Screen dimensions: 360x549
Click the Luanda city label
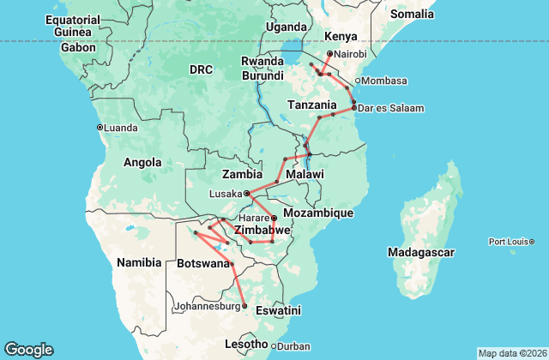[121, 128]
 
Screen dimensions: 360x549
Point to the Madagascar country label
[420, 252]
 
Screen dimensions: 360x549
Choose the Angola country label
[142, 162]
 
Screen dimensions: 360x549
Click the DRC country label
[200, 69]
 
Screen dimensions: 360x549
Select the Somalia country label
[412, 14]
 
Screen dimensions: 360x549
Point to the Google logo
[28, 349]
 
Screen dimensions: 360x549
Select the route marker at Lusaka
[246, 193]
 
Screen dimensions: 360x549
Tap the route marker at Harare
[274, 218]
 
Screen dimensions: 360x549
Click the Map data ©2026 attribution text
[510, 353]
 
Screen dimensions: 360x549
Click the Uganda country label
[285, 27]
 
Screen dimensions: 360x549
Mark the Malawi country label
[305, 174]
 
